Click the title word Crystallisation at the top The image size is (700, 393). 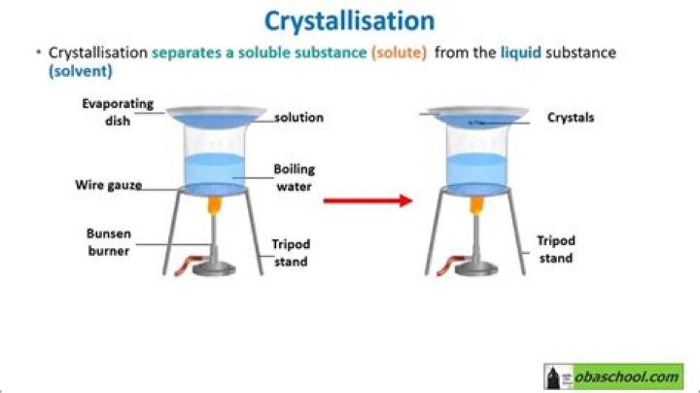pyautogui.click(x=350, y=20)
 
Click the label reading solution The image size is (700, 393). pyautogui.click(x=297, y=118)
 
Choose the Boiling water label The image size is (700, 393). pyautogui.click(x=294, y=177)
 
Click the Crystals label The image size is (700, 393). pyautogui.click(x=570, y=118)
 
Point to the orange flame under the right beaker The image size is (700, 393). pyautogui.click(x=477, y=205)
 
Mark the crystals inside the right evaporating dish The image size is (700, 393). pyautogui.click(x=476, y=123)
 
